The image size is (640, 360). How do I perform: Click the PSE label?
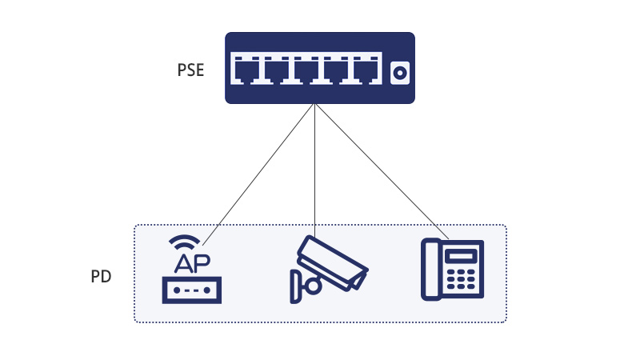(x=190, y=70)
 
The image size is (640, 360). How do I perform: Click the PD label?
(x=101, y=277)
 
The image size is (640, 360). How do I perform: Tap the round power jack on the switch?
(x=398, y=73)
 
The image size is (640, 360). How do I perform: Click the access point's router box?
(x=192, y=290)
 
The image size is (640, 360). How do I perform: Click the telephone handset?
(x=432, y=270)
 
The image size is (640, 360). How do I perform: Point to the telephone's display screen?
(x=462, y=256)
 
